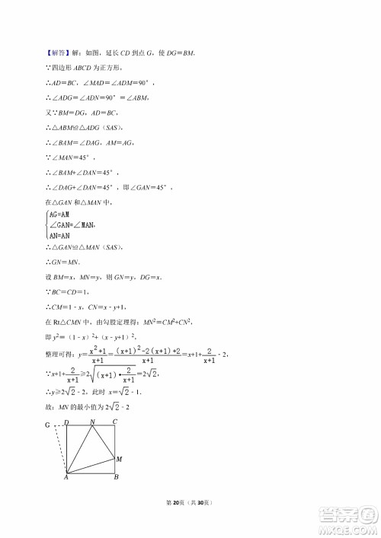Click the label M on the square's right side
[x=119, y=459]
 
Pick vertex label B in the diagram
[x=115, y=478]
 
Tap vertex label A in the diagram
[x=66, y=478]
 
